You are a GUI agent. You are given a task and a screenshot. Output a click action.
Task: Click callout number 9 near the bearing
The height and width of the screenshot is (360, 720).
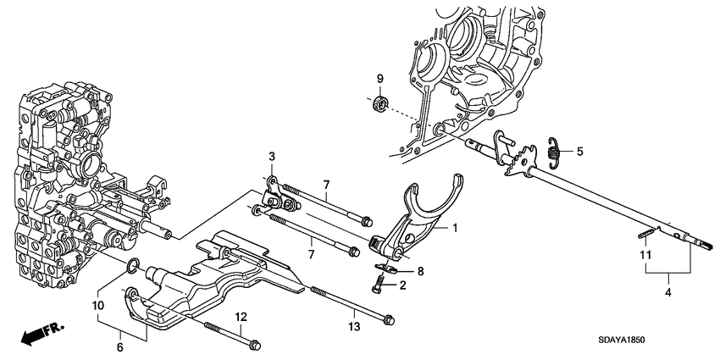pos(380,80)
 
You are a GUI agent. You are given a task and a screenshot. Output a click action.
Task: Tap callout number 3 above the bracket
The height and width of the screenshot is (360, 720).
pos(273,156)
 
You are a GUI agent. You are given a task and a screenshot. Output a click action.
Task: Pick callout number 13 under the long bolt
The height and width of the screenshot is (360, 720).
pos(353,326)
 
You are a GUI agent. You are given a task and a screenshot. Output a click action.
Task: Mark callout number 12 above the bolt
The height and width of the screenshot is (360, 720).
pos(241,317)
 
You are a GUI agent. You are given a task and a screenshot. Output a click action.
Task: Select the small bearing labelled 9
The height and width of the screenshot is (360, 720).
pos(381,104)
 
